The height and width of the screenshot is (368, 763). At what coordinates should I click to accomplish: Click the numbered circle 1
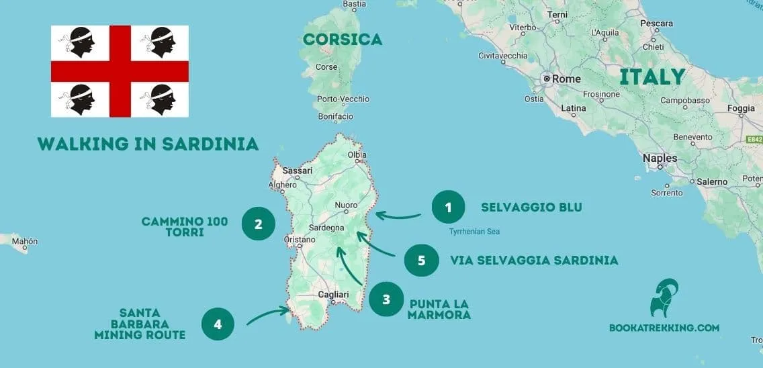(449, 208)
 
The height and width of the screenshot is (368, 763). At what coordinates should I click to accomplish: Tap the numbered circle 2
(259, 224)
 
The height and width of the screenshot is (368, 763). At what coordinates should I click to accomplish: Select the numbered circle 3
(386, 299)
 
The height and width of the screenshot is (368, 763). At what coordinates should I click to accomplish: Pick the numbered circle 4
(217, 324)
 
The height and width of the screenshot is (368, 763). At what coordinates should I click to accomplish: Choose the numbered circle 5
(422, 261)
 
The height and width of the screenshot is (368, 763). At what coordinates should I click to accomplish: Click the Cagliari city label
(332, 294)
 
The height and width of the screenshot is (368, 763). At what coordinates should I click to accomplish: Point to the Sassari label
(298, 171)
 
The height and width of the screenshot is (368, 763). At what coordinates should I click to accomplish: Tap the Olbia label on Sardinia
(357, 155)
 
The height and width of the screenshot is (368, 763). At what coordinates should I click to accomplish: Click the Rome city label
(566, 79)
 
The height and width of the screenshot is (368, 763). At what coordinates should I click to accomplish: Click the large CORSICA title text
(343, 40)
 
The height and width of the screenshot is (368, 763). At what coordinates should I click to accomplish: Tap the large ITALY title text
(652, 77)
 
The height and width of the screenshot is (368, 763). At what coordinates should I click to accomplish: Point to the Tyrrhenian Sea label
(474, 232)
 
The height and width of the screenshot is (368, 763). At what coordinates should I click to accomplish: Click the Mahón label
(25, 241)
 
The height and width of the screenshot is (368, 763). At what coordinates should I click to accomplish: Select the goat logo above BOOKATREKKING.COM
(664, 299)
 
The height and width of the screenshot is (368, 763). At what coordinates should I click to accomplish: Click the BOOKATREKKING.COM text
(664, 328)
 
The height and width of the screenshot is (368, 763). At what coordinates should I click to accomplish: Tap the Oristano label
(300, 239)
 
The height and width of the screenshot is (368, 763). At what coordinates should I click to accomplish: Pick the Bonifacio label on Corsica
(335, 116)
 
